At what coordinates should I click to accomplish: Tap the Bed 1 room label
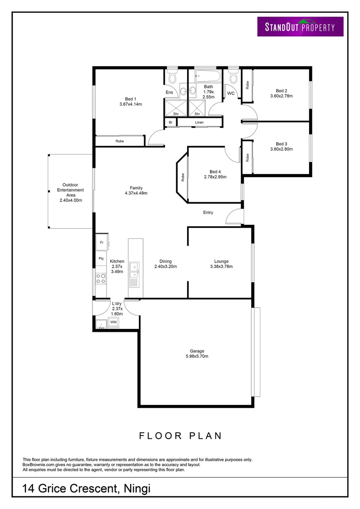tap(131, 99)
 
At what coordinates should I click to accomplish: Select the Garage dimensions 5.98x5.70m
tap(196, 356)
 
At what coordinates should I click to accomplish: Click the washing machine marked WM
tap(113, 322)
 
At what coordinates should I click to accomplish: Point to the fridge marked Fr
tap(101, 243)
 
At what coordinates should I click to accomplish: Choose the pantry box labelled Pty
tap(101, 258)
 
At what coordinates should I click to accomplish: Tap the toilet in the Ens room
tap(172, 76)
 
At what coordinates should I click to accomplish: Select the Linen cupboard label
tap(199, 123)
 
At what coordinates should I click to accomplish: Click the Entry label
tap(208, 213)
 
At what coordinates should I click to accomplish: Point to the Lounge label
tap(221, 261)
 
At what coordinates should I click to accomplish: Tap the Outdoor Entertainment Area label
tap(71, 190)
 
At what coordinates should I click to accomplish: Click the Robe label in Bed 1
tap(120, 141)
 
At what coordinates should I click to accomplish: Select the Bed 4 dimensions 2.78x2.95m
tap(215, 177)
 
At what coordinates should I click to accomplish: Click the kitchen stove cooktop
tap(101, 278)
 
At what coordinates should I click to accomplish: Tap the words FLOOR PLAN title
tap(180, 435)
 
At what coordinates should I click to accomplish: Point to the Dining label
tap(165, 261)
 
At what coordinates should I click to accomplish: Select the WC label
tap(231, 93)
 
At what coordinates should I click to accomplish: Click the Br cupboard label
tap(170, 123)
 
